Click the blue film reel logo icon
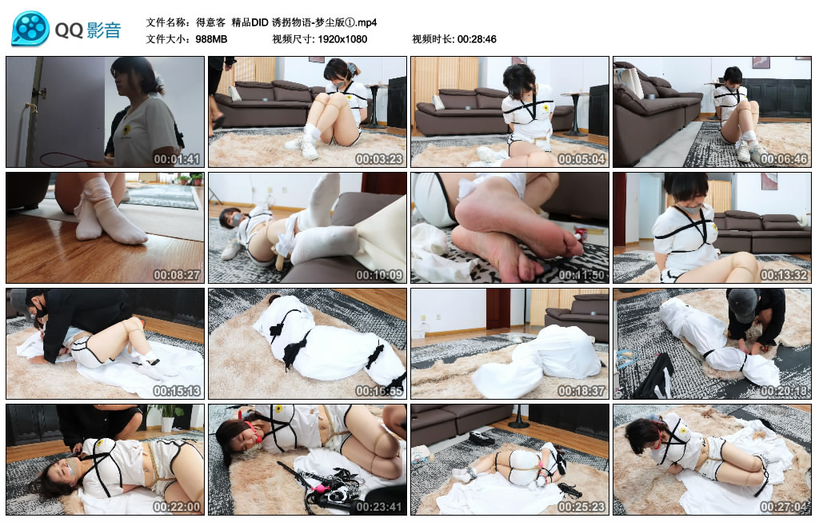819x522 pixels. coord(30,30)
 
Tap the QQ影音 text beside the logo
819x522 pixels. coord(88,30)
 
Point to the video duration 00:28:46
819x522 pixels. coord(477,39)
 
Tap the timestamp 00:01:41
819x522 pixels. coord(177,159)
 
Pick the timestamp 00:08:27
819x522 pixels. coord(177,275)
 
